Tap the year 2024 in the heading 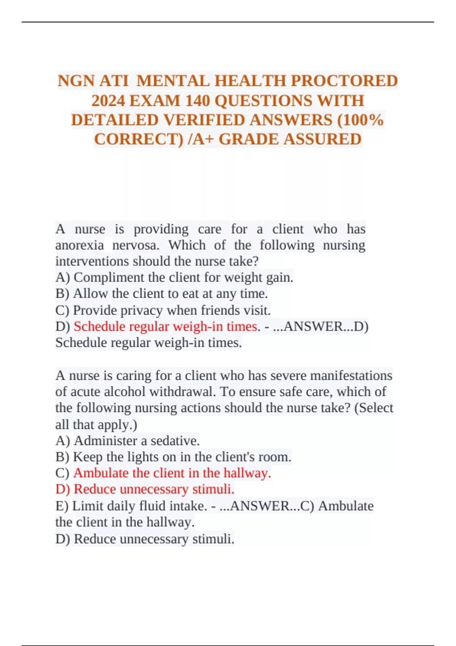coord(109,101)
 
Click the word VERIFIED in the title coord(206,120)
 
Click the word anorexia coord(79,245)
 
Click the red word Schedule coord(99,326)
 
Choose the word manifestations coord(351,375)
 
